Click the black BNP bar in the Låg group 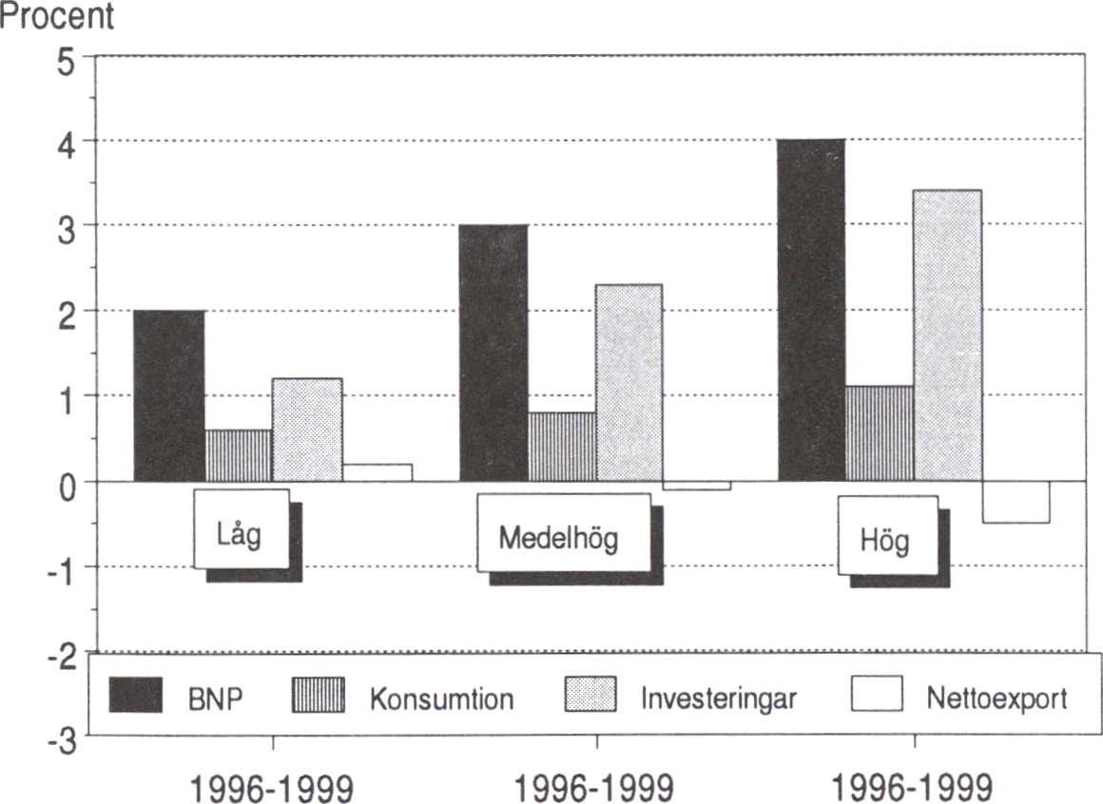169,395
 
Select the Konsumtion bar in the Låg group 238,455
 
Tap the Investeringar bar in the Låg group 307,430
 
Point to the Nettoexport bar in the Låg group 377,472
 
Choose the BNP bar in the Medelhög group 493,353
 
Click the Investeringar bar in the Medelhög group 629,382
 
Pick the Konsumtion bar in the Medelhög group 562,447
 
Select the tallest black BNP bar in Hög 811,310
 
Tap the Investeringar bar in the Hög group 948,335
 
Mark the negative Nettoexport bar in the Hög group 1016,502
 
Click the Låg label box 242,530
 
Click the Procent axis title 57,16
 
